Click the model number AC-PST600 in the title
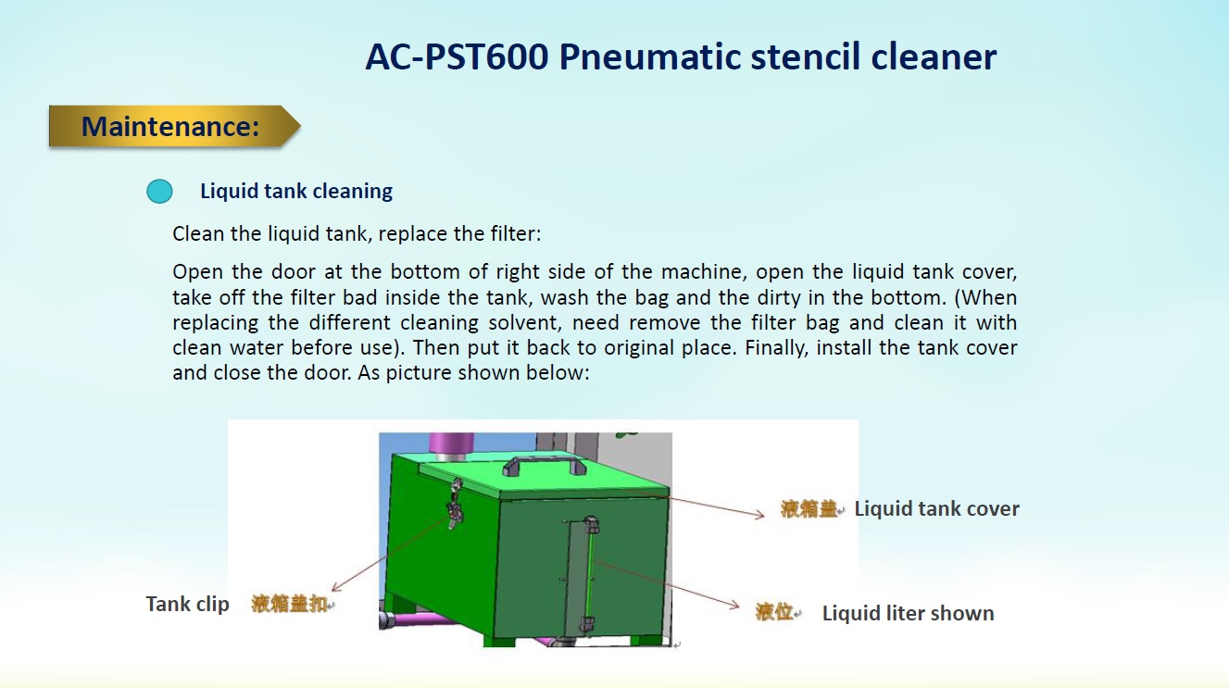point(457,56)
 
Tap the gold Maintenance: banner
point(174,126)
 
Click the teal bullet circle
point(159,192)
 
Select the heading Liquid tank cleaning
point(296,191)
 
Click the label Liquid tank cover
point(936,508)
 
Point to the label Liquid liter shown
point(908,613)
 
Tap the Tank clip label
point(187,604)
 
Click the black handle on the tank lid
point(545,464)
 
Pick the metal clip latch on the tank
point(456,503)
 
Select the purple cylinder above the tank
point(452,447)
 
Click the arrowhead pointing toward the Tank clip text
point(336,588)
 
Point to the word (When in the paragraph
point(986,297)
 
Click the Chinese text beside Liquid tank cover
point(809,508)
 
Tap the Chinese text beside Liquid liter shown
point(774,612)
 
